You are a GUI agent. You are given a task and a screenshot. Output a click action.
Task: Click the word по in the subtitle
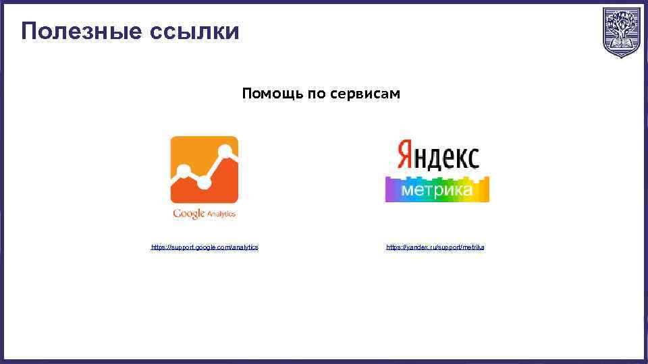(317, 94)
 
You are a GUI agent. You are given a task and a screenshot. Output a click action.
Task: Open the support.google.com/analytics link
(205, 247)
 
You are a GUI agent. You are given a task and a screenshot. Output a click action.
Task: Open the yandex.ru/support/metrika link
(435, 247)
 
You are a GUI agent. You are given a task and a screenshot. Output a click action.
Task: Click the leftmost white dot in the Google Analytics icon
(182, 171)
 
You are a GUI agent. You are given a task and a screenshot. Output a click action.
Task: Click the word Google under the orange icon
(188, 214)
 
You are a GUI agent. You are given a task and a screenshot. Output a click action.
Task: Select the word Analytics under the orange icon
(221, 214)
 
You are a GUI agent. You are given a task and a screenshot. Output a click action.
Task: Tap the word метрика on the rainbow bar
(437, 191)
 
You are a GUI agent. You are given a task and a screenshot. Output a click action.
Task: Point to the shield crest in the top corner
(621, 32)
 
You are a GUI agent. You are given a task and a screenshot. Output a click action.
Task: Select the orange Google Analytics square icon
(204, 170)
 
